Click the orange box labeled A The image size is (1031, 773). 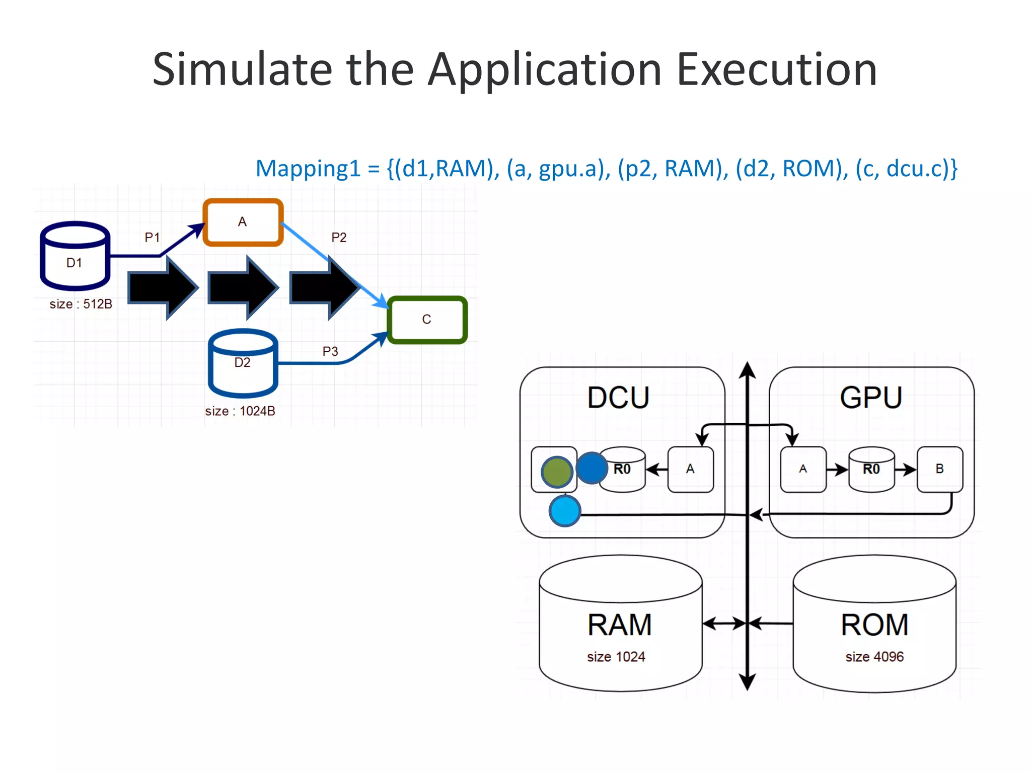(243, 222)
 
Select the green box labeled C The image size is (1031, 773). (427, 320)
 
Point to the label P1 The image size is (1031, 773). (152, 237)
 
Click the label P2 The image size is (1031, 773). (339, 237)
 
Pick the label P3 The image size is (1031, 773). (330, 351)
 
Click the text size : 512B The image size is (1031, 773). (81, 304)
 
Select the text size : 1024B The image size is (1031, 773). (240, 411)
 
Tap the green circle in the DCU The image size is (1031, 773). (556, 472)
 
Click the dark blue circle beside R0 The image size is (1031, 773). (591, 468)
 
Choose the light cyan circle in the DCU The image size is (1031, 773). (565, 511)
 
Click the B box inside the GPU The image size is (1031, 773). (939, 469)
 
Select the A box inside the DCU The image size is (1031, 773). (690, 469)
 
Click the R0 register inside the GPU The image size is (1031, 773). (871, 469)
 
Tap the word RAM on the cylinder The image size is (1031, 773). (620, 625)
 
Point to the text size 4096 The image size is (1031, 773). (874, 657)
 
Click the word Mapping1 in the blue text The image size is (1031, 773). (308, 169)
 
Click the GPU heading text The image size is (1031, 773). (871, 398)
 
